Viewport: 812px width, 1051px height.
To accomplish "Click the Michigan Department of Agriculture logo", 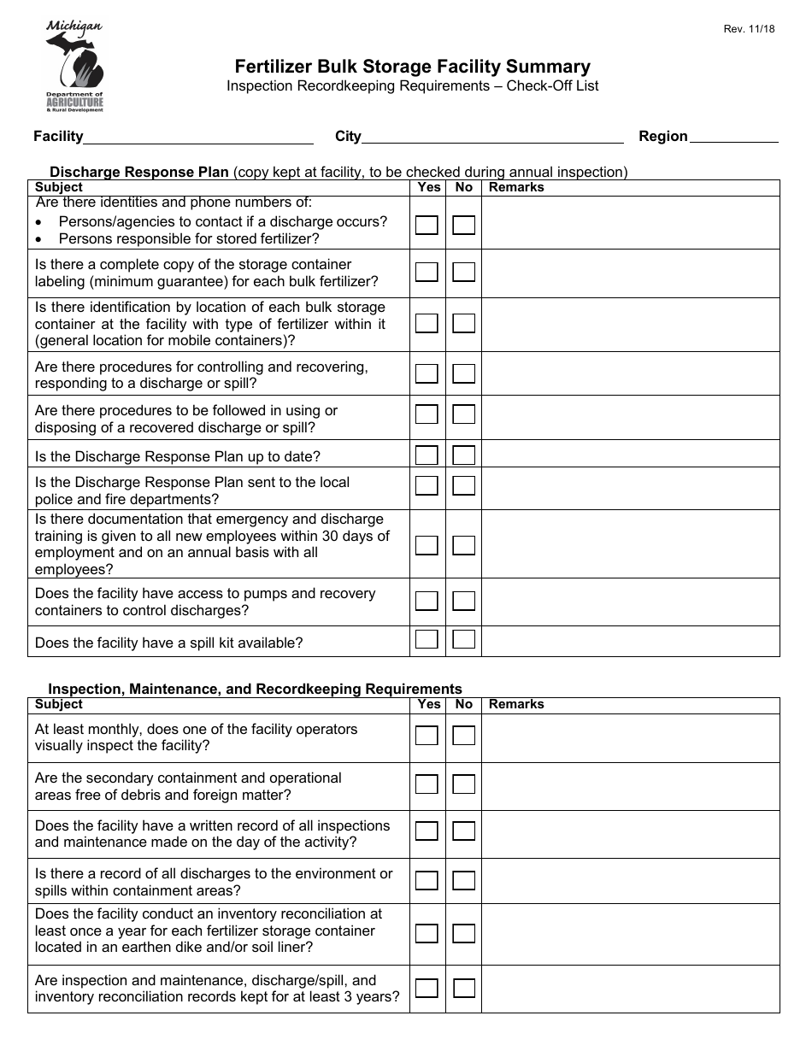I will [74, 67].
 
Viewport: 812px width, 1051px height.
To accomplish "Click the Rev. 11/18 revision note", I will [749, 29].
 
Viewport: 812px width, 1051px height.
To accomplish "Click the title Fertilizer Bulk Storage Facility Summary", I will [413, 67].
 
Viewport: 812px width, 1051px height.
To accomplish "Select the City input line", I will [492, 137].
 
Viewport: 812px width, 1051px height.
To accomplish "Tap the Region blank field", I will [733, 137].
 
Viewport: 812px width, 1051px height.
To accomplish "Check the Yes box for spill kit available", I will [427, 639].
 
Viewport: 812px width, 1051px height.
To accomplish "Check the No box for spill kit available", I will [463, 639].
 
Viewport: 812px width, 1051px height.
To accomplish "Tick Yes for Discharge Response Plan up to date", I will [427, 455].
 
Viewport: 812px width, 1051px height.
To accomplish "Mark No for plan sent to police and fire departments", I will [463, 486].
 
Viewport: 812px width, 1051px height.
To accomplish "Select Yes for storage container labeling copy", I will [427, 273].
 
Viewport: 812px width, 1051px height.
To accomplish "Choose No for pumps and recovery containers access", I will [463, 602].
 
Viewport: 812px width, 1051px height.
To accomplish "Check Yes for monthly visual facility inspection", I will [427, 736].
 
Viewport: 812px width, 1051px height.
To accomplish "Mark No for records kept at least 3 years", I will [463, 989].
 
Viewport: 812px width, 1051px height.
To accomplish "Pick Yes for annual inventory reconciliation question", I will [427, 933].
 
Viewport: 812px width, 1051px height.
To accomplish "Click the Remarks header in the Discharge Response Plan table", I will [516, 187].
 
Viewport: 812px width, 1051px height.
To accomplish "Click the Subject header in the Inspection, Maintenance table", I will [59, 704].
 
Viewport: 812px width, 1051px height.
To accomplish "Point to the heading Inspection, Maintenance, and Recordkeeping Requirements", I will [255, 689].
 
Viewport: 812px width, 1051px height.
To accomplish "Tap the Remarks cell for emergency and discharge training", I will [631, 544].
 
